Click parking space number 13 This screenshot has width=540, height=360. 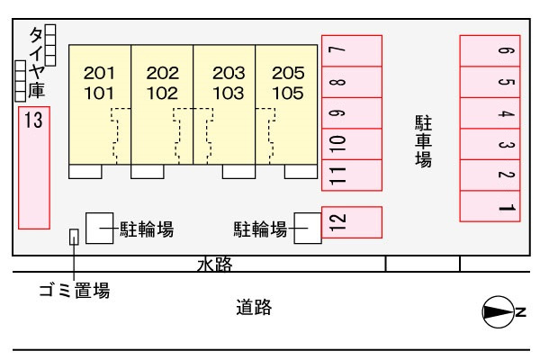pos(34,167)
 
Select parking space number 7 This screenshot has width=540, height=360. pos(352,50)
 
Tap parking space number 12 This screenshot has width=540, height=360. pos(352,222)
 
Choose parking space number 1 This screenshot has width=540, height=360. pos(490,206)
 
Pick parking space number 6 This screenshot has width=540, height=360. pos(490,50)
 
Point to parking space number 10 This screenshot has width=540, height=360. pos(352,144)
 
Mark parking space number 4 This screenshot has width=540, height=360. pos(490,113)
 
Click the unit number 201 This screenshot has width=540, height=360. pos(99,73)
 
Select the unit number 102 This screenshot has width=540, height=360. pos(162,94)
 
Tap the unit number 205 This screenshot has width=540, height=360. pos(288,73)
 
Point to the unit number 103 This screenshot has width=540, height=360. pos(229,94)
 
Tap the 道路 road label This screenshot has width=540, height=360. pos(254,307)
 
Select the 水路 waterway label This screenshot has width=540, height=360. pos(215,265)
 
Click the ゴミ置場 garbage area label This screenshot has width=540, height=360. pos(75,290)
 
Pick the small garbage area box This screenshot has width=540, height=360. pos(74,237)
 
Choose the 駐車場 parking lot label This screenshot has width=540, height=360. pos(423,141)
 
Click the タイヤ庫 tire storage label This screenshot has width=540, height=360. pos(37,62)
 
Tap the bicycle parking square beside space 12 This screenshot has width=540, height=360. pos(308,228)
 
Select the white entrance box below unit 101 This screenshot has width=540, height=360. pos(85,172)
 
